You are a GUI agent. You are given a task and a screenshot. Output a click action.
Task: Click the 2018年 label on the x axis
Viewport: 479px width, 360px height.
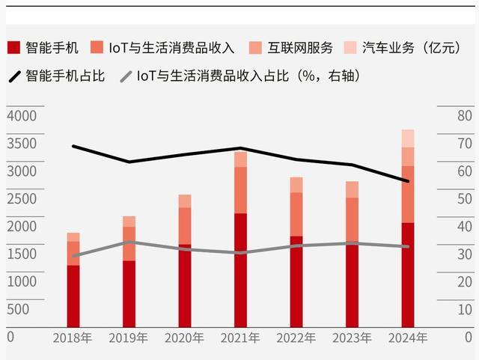tap(73, 338)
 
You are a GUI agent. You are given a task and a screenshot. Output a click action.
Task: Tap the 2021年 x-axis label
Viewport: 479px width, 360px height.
tap(240, 338)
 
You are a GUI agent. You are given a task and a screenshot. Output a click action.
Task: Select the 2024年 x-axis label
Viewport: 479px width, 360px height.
tap(408, 338)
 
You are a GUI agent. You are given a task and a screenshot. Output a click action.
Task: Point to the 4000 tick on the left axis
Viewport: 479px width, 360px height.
tap(21, 116)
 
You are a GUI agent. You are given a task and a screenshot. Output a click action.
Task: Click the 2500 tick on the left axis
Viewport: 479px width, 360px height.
tap(21, 199)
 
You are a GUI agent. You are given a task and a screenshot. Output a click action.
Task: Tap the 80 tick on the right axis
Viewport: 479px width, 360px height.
tap(464, 116)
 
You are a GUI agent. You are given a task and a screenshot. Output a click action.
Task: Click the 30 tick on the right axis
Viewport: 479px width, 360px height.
tap(464, 254)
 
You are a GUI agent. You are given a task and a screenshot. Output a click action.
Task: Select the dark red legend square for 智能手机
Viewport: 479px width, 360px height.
tap(13, 48)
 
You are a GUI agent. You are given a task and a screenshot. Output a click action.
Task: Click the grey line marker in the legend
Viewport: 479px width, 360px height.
tap(126, 76)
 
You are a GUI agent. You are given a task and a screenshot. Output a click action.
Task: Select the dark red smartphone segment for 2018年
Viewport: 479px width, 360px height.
tap(73, 296)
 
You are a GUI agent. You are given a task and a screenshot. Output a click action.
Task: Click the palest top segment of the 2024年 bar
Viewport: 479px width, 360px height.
tap(408, 138)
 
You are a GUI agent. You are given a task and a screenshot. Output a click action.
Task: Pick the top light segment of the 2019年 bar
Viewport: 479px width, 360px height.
tap(129, 222)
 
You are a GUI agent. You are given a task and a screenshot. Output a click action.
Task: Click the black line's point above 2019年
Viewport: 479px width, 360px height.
tap(129, 162)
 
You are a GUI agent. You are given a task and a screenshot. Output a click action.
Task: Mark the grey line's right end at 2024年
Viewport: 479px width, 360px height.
tap(408, 246)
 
